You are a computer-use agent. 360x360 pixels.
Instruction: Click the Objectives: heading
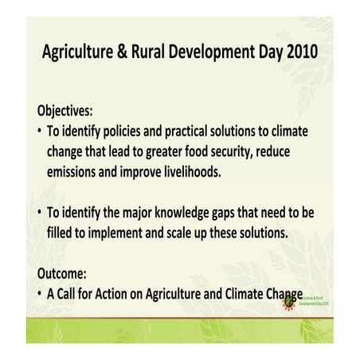coord(70,110)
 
